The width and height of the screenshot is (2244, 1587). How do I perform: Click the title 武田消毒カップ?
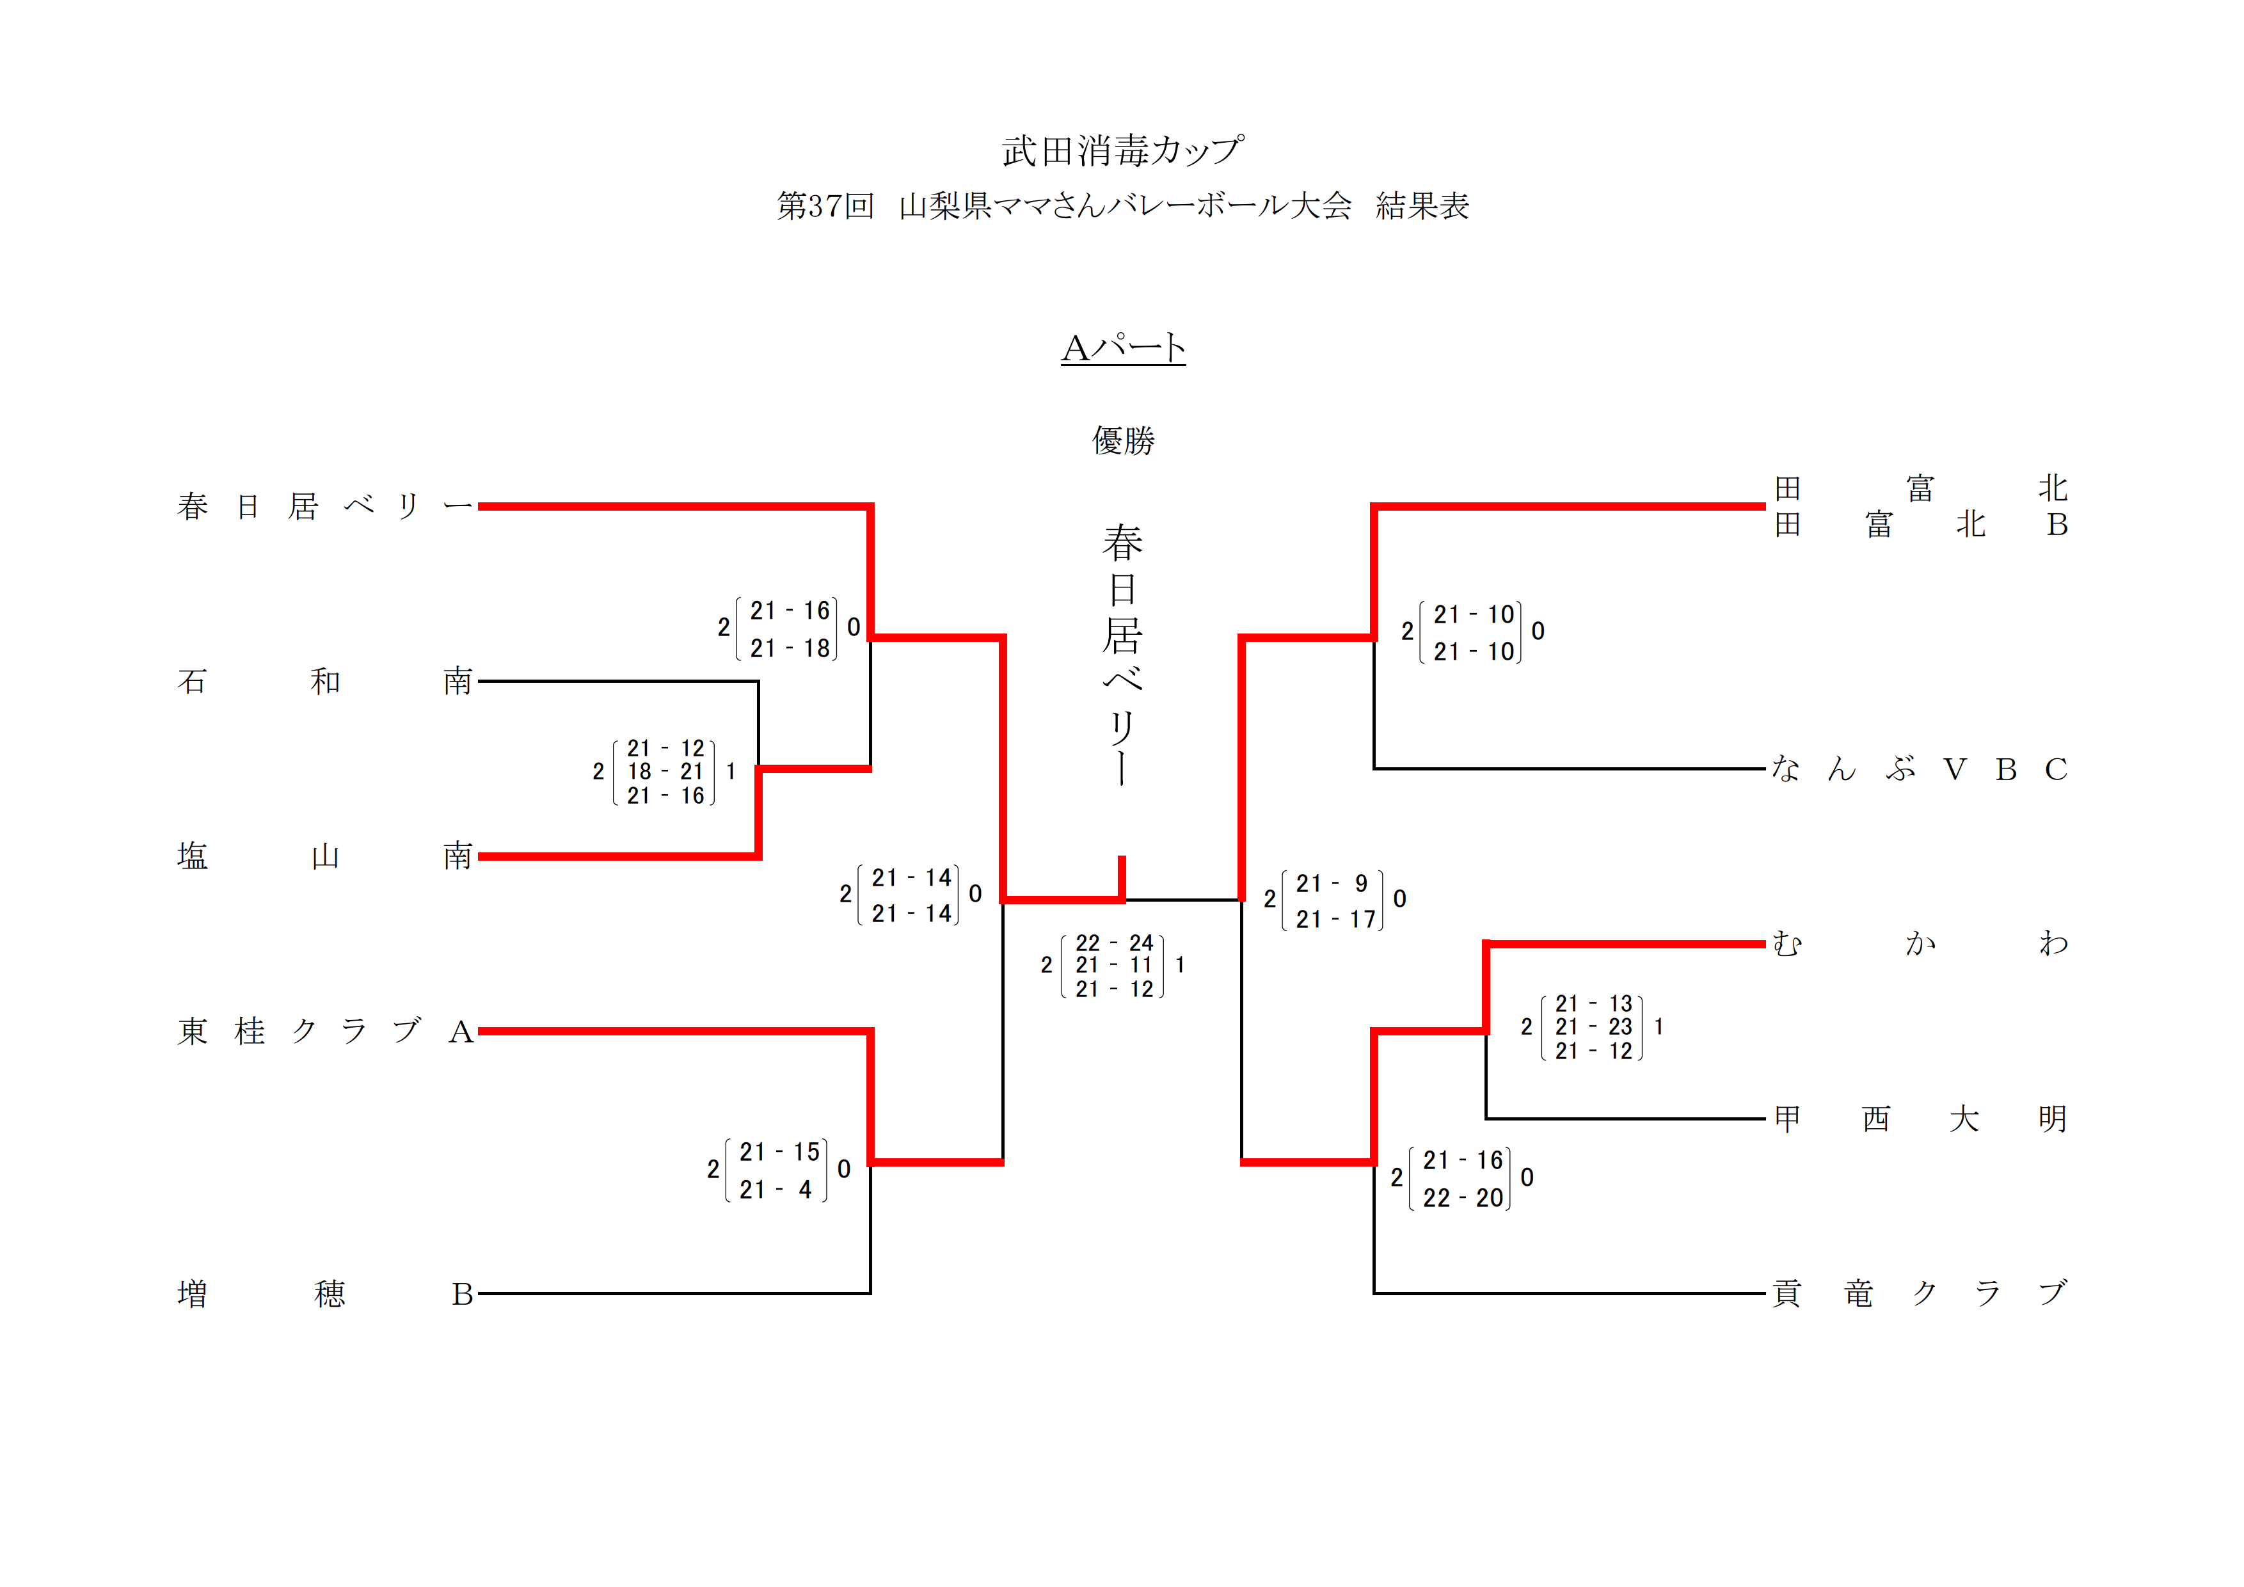point(1122,150)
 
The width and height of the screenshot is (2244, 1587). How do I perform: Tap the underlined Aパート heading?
point(1123,348)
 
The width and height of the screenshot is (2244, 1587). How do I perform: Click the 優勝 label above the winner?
point(1123,441)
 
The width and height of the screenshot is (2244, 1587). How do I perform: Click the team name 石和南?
point(324,681)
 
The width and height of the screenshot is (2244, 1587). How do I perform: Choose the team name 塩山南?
point(324,857)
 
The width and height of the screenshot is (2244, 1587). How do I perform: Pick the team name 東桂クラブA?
point(324,1031)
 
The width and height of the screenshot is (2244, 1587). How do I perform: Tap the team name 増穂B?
point(324,1294)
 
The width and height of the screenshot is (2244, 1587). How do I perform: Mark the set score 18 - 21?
point(665,772)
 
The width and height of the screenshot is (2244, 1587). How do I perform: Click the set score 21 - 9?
point(1332,883)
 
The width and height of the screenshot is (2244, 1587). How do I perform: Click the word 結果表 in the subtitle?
point(1422,206)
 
